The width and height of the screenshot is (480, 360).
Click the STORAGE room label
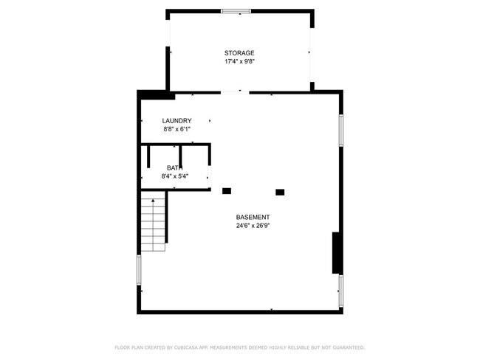tap(239, 53)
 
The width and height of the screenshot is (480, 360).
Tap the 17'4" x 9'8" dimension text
tap(239, 62)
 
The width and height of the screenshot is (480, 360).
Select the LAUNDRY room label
tap(177, 121)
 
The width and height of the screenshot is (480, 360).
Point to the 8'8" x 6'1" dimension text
tap(177, 129)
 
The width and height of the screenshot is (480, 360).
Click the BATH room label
tap(173, 168)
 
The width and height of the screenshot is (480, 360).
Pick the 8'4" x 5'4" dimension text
tap(174, 176)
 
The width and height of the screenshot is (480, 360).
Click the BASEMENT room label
tap(253, 217)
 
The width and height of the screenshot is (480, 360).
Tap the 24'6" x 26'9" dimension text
tap(253, 226)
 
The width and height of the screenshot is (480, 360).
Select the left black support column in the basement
tap(227, 191)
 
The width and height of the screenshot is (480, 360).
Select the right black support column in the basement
tap(280, 192)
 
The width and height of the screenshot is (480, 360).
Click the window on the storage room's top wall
tap(236, 11)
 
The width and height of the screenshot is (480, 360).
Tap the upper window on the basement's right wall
tap(341, 129)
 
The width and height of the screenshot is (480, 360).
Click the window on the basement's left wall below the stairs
tap(139, 269)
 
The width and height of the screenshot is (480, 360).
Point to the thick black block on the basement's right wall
tap(337, 252)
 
